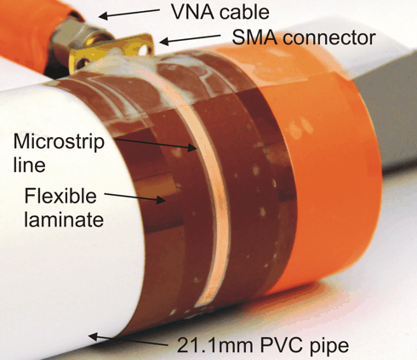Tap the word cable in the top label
coord(244,12)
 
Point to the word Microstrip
coord(59,142)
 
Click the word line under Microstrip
coord(29,164)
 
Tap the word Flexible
coord(60,196)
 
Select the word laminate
coord(64,219)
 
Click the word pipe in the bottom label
coord(328,346)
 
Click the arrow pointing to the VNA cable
coord(129,14)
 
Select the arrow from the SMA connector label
coord(190,39)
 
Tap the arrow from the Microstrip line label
coord(156,143)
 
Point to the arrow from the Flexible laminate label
coord(134,197)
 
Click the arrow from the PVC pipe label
coord(129,340)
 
